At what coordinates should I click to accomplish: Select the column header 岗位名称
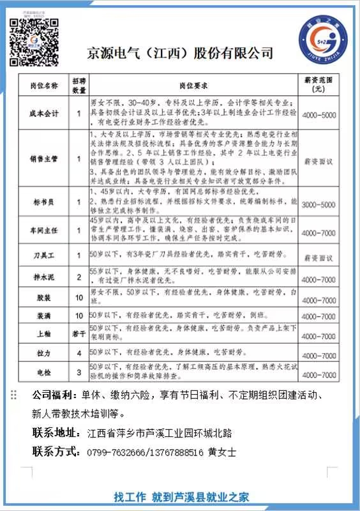pyautogui.click(x=43, y=85)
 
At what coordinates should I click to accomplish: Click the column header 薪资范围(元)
pyautogui.click(x=319, y=85)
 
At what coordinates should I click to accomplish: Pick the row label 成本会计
pyautogui.click(x=43, y=113)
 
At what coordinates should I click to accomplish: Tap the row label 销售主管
pyautogui.click(x=43, y=158)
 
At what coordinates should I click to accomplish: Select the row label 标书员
pyautogui.click(x=43, y=203)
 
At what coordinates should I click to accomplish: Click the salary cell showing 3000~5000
pyautogui.click(x=319, y=204)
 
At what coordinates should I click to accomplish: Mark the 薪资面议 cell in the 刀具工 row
pyautogui.click(x=319, y=257)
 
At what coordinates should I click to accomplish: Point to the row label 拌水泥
pyautogui.click(x=43, y=278)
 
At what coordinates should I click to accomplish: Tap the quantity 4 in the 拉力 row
pyautogui.click(x=79, y=352)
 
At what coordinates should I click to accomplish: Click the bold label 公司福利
pyautogui.click(x=54, y=395)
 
